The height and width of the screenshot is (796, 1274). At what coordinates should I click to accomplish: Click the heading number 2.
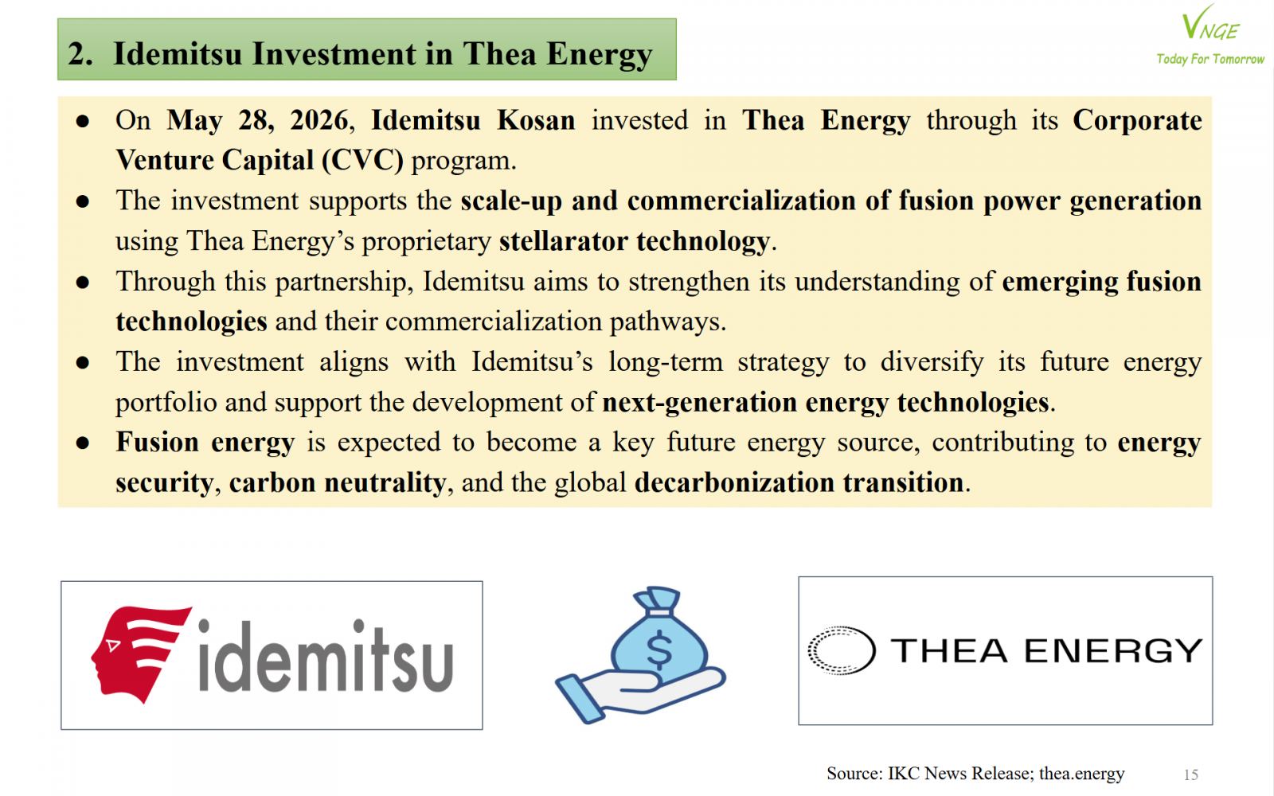(80, 54)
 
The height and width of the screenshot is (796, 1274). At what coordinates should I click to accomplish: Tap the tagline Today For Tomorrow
(1210, 59)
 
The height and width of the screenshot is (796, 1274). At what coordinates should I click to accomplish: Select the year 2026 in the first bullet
(319, 120)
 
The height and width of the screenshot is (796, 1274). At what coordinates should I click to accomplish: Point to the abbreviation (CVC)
(363, 161)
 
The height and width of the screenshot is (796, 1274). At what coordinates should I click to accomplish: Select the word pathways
(668, 322)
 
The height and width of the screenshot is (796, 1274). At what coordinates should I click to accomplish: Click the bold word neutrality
(385, 483)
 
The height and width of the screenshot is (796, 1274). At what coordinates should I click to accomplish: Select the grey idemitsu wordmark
(326, 656)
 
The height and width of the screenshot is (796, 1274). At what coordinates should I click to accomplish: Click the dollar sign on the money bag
(659, 650)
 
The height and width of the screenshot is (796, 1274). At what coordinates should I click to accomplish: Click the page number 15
(1191, 775)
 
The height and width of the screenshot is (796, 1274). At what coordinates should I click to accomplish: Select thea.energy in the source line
(1082, 774)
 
